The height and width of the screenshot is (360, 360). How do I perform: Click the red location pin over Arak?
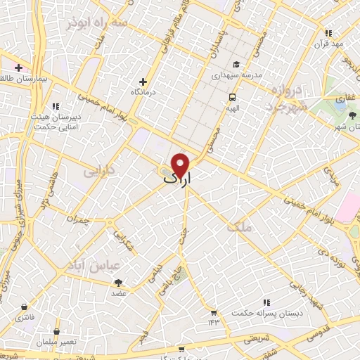(181, 164)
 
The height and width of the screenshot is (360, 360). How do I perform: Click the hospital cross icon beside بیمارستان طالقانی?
(18, 67)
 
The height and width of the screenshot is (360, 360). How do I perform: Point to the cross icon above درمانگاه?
(143, 82)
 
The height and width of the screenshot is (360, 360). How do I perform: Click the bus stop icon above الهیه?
(232, 98)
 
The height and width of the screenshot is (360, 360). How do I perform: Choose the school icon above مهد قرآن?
(328, 33)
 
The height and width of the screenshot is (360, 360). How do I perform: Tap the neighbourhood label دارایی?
(98, 171)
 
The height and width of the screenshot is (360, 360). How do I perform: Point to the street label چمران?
(80, 219)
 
